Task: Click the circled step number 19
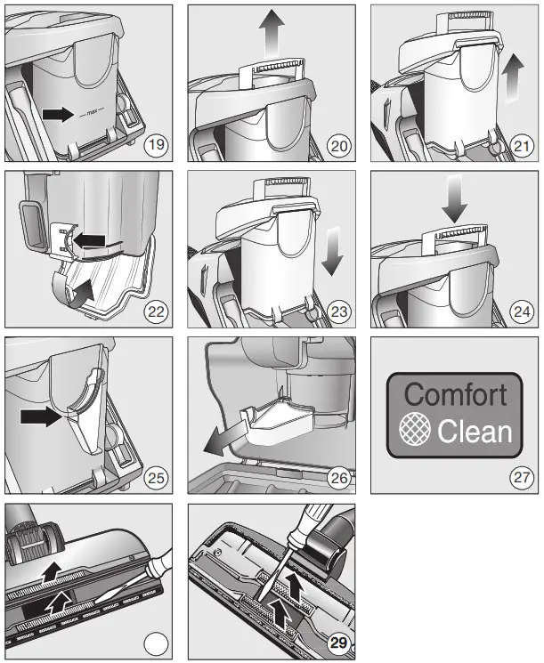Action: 155,144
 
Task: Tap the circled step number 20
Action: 337,144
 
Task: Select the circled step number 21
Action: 520,144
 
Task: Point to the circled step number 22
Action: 155,311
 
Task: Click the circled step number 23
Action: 337,311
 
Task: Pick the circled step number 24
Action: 520,311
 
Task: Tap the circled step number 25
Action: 155,478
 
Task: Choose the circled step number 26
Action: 337,478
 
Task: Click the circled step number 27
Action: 520,478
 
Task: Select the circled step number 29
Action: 337,643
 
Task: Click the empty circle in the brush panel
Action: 155,643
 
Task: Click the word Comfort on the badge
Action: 455,394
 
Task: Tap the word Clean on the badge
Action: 475,432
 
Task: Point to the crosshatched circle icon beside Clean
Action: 414,432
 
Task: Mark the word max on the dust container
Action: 88,115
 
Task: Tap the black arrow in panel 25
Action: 42,416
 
